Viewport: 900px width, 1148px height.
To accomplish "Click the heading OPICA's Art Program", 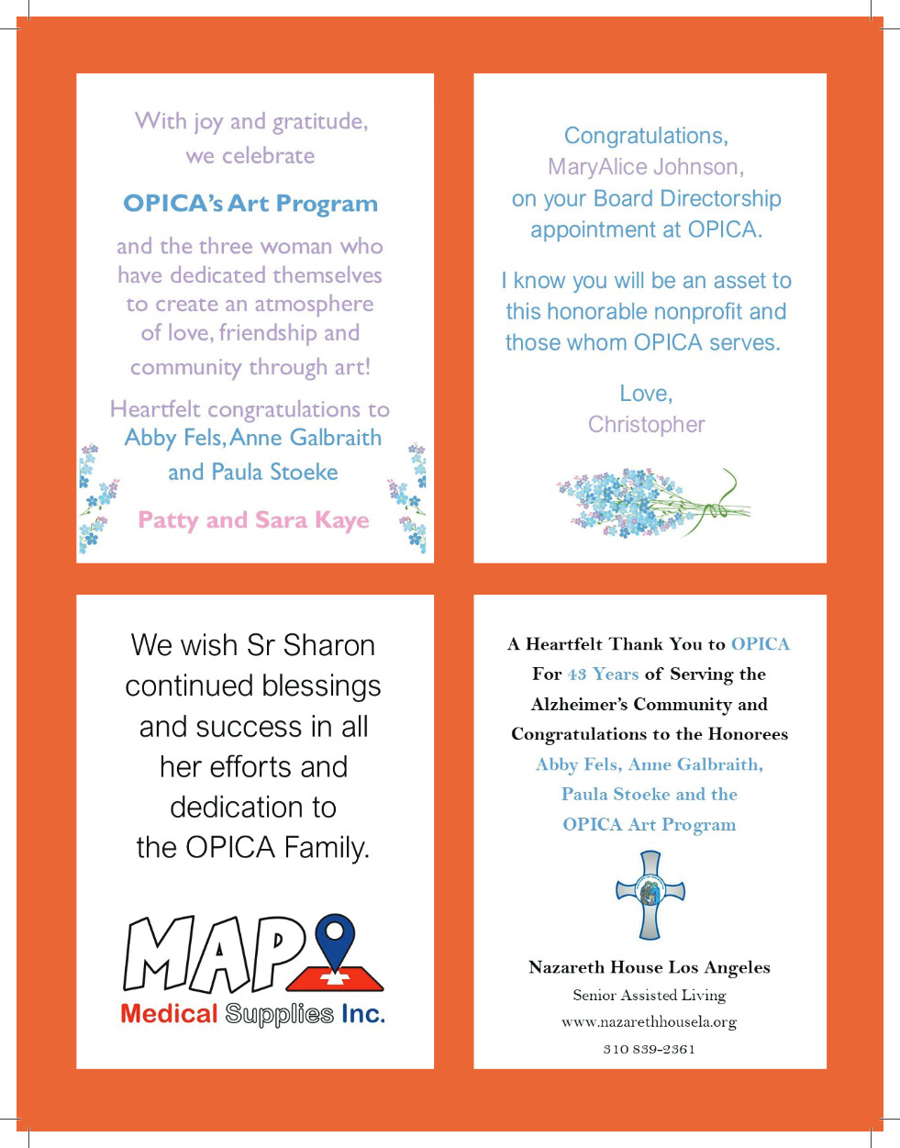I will coord(250,204).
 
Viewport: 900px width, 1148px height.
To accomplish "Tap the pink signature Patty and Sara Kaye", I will coord(253,520).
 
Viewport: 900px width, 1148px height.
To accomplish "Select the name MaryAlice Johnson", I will coord(646,167).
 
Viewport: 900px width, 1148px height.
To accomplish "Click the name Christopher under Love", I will coord(647,425).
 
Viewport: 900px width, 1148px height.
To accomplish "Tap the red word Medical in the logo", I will coord(169,1014).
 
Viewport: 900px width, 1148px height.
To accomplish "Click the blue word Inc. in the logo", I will coord(363,1014).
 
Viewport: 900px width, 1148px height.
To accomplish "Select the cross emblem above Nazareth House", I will coord(650,895).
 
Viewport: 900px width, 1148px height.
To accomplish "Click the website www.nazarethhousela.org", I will coord(650,1021).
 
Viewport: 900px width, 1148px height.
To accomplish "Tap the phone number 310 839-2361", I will coord(650,1049).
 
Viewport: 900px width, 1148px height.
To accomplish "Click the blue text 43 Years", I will coord(603,674).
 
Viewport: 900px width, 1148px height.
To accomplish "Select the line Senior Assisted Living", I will coord(650,995).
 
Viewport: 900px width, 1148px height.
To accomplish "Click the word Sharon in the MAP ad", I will coord(328,645).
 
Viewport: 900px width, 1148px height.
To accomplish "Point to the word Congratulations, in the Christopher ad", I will coord(646,136).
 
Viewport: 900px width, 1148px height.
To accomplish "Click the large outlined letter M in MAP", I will coord(158,955).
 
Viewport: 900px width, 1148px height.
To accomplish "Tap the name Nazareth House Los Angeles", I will coord(650,967).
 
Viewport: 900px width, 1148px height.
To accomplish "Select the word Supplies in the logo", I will coord(279,1015).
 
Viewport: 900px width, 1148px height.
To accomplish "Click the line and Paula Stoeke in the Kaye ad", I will coord(253,473).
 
